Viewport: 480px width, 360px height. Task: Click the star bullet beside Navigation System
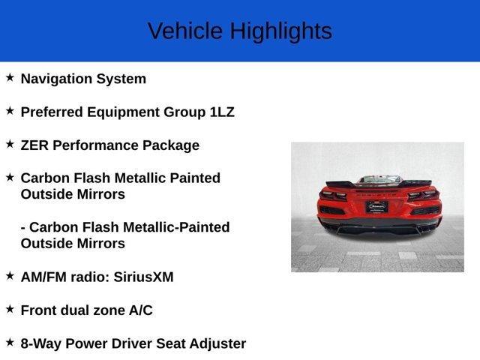pyautogui.click(x=10, y=77)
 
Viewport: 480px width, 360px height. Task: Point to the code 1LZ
pyautogui.click(x=221, y=112)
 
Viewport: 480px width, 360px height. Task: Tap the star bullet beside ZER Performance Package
pyautogui.click(x=10, y=143)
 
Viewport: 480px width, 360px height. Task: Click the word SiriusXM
pyautogui.click(x=143, y=277)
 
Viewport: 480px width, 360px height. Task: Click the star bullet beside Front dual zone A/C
pyautogui.click(x=10, y=308)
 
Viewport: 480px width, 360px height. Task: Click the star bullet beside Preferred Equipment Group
pyautogui.click(x=10, y=110)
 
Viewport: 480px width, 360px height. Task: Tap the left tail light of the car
pyautogui.click(x=332, y=196)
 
